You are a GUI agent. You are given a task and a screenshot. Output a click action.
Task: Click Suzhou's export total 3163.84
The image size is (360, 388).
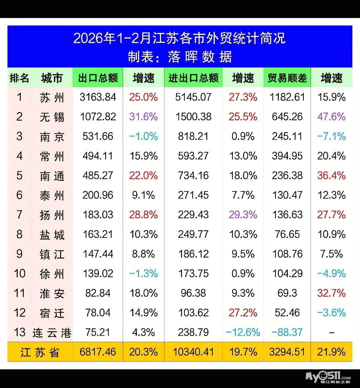(98, 97)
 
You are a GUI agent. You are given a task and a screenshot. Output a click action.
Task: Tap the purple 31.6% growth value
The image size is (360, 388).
(143, 117)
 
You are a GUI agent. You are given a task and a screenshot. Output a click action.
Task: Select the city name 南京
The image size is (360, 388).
(52, 137)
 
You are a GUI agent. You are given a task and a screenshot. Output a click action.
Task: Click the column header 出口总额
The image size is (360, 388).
(98, 78)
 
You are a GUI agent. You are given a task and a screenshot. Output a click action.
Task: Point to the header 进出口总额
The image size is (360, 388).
(193, 78)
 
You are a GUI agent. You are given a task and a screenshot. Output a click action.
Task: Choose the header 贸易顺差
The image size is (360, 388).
(287, 78)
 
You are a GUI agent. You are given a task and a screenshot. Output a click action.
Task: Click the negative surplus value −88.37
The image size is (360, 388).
(287, 332)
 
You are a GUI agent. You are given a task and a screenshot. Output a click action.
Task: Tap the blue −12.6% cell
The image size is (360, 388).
(243, 332)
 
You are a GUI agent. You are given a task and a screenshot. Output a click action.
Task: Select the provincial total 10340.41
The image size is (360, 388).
(193, 352)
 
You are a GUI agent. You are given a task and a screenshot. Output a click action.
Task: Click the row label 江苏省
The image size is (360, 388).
(40, 352)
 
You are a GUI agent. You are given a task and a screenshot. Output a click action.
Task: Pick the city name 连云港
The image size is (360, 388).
(52, 333)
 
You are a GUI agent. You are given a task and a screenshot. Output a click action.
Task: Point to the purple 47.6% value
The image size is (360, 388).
(331, 117)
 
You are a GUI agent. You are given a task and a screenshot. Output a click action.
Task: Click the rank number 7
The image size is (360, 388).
(19, 215)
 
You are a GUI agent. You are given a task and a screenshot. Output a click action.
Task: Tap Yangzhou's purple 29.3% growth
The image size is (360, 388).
(243, 215)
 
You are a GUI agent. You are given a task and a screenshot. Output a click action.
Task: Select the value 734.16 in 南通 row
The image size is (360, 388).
(193, 175)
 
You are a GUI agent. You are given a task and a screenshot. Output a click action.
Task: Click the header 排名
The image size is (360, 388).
(19, 78)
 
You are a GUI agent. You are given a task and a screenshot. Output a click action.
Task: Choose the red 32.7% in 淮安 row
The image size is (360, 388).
(331, 293)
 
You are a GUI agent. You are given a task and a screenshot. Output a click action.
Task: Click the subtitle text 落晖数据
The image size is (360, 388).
(200, 57)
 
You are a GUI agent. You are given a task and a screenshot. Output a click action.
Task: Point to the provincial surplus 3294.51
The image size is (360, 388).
(287, 352)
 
